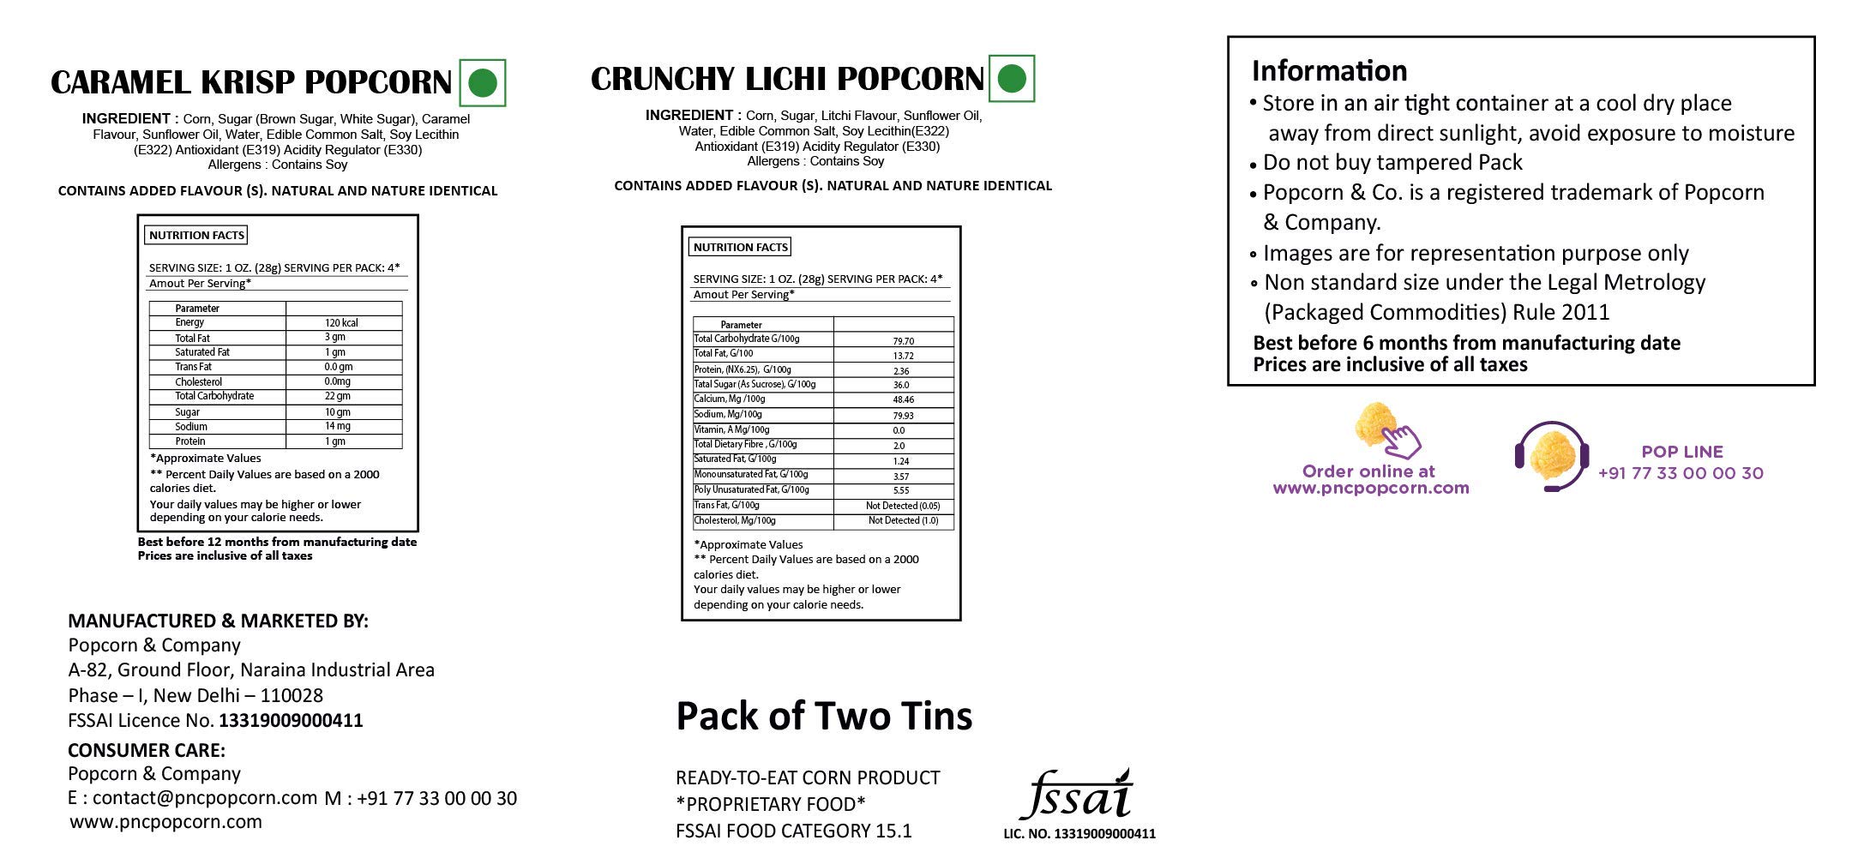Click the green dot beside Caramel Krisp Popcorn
pyautogui.click(x=483, y=83)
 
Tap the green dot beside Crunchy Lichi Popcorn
pyautogui.click(x=1012, y=79)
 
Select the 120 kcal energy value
pyautogui.click(x=341, y=323)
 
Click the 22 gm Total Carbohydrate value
pyautogui.click(x=337, y=396)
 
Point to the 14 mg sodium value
pyautogui.click(x=337, y=426)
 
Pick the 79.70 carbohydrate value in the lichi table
pyautogui.click(x=903, y=341)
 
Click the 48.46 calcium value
pyautogui.click(x=903, y=400)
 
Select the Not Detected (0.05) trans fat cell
pyautogui.click(x=903, y=506)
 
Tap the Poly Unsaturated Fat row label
pyautogui.click(x=752, y=490)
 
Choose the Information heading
pyautogui.click(x=1329, y=70)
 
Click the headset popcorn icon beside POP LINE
pyautogui.click(x=1551, y=456)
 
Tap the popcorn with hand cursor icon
pyautogui.click(x=1385, y=431)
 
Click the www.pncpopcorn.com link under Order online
pyautogui.click(x=1370, y=489)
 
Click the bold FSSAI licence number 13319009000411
pyautogui.click(x=291, y=721)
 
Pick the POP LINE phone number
pyautogui.click(x=1681, y=473)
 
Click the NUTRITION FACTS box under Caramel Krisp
pyautogui.click(x=197, y=236)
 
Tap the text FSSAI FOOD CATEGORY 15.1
pyautogui.click(x=793, y=831)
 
